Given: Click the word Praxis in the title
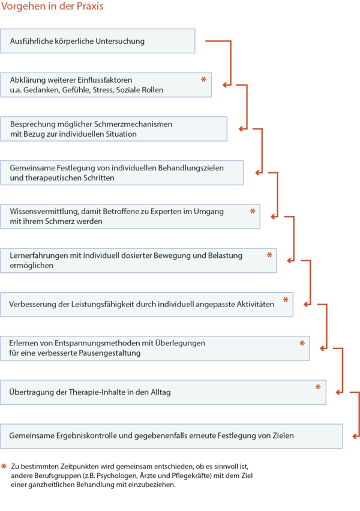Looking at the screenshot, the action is point(90,6).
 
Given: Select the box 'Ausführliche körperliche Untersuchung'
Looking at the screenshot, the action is point(97,41).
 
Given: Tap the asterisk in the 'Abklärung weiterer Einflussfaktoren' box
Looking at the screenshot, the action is point(203,80).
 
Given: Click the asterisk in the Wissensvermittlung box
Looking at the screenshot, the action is point(253,211).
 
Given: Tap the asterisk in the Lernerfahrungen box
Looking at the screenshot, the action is point(269,255).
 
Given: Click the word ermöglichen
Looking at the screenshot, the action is point(32,266).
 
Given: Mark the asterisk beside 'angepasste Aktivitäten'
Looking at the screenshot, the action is point(286,300).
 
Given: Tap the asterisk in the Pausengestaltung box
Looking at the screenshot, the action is point(302,343).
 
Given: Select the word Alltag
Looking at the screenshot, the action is point(160,392).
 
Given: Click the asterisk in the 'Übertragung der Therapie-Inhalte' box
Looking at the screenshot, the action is point(318,387).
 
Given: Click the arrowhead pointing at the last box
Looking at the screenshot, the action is point(355,436).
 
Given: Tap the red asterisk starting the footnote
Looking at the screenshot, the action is point(4,467).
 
